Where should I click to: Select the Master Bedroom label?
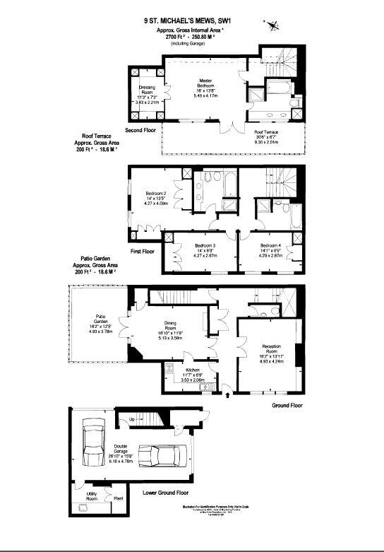point(205,85)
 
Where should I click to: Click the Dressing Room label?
point(147,90)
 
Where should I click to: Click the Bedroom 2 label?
point(156,194)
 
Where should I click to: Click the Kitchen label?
point(193,370)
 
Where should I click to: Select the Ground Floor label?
point(287,406)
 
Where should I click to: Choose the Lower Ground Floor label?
point(165,492)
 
